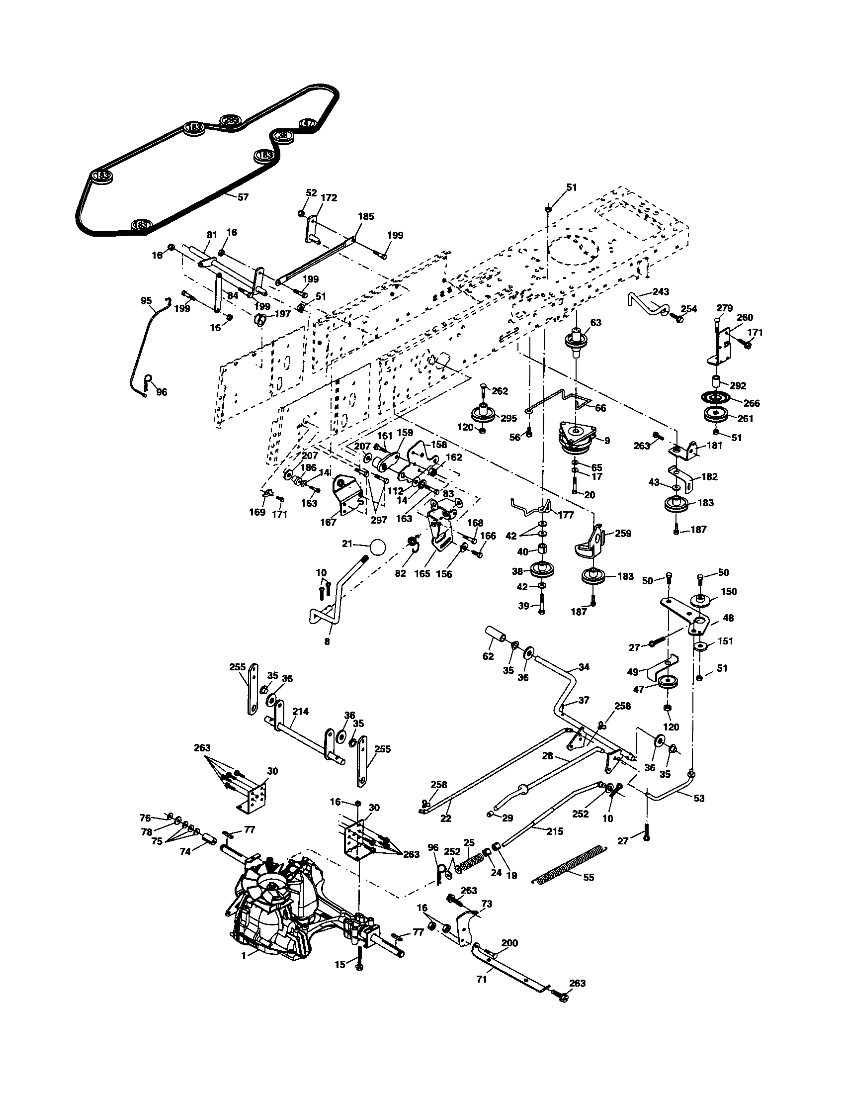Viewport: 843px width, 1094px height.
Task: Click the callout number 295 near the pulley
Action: coord(508,418)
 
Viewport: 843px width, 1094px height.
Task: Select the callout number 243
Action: coord(661,291)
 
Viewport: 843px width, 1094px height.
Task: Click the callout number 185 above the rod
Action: coord(366,216)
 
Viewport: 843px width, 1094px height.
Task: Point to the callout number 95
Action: coord(146,300)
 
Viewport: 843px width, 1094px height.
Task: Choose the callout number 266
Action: coord(752,403)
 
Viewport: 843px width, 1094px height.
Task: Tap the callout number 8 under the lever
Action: coord(327,641)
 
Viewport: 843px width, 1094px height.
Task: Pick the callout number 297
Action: coord(379,521)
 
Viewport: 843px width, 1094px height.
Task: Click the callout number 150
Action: coord(729,592)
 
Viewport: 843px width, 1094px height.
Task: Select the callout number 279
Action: coord(725,308)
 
